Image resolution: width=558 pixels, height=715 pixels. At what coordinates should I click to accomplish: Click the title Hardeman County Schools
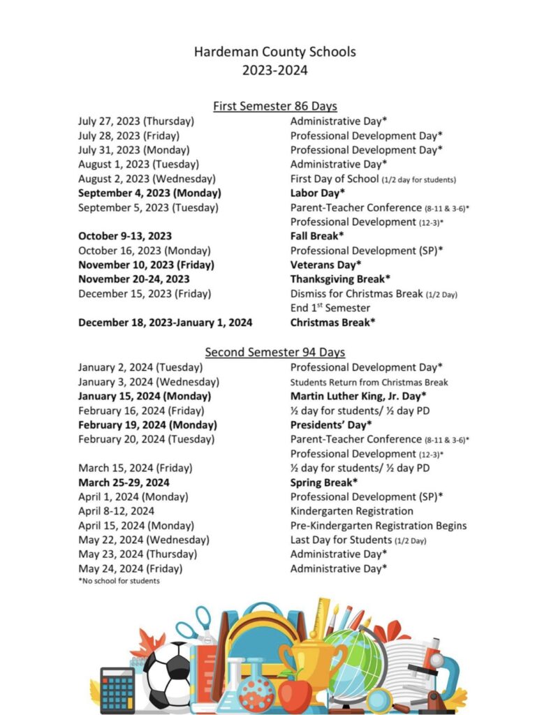(x=274, y=52)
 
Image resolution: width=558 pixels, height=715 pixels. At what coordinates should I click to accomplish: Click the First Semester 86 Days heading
(x=274, y=106)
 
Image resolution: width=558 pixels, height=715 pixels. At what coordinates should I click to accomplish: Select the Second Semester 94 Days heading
(x=274, y=353)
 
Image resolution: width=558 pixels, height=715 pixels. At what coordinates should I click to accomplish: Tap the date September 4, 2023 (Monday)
(x=149, y=193)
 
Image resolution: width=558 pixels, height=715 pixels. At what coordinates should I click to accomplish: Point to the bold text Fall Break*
(x=317, y=236)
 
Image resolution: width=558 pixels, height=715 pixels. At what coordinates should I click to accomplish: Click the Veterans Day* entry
(x=325, y=265)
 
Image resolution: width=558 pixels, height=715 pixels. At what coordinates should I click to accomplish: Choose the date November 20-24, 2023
(x=134, y=279)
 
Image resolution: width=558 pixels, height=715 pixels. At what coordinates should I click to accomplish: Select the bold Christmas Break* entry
(x=333, y=323)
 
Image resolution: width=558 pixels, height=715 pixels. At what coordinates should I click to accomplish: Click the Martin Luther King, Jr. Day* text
(x=358, y=396)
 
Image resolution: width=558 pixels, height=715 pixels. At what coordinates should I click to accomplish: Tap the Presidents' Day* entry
(x=331, y=425)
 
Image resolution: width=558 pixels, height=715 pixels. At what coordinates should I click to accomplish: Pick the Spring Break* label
(x=324, y=482)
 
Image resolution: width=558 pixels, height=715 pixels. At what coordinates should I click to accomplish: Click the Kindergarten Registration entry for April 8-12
(x=349, y=511)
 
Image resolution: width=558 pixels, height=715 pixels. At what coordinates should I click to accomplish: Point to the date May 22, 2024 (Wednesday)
(x=144, y=540)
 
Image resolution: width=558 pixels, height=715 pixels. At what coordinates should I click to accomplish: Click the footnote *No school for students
(x=119, y=581)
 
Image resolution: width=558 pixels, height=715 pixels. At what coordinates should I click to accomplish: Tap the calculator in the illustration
(x=117, y=689)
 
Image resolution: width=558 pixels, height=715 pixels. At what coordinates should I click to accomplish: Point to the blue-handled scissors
(x=196, y=625)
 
